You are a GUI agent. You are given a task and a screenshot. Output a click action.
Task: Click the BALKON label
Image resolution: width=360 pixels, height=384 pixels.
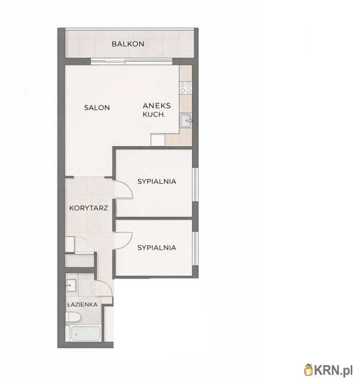coord(128,44)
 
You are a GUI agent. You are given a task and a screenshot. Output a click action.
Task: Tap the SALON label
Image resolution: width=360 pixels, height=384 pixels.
coord(97,108)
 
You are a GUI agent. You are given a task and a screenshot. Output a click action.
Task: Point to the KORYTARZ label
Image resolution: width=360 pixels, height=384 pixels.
coord(89,208)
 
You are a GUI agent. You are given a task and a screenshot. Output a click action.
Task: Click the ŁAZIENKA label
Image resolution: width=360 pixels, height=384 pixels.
coord(82,305)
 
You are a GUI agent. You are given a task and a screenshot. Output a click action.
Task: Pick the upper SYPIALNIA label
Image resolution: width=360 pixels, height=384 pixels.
coord(157,181)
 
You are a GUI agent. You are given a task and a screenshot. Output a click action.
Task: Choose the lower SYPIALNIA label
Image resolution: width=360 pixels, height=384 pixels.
coord(157,248)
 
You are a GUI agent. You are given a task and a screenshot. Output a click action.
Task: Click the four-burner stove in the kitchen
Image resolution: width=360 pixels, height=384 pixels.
coord(185,88)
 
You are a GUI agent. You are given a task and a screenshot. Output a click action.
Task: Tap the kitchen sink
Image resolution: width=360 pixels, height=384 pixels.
coord(186,121)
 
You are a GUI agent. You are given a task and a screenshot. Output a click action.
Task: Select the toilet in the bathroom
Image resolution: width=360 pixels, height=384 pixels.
coord(73,317)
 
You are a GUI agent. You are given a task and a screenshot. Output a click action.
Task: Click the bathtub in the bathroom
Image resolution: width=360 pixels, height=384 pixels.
coord(85,333)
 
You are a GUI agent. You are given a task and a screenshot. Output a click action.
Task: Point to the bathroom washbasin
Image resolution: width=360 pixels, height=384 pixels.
coord(71,285)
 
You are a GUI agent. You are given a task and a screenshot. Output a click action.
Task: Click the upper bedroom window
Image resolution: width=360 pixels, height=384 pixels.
coord(195,185)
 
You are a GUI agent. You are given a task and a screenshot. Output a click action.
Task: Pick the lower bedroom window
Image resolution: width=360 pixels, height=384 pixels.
coord(195,248)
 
